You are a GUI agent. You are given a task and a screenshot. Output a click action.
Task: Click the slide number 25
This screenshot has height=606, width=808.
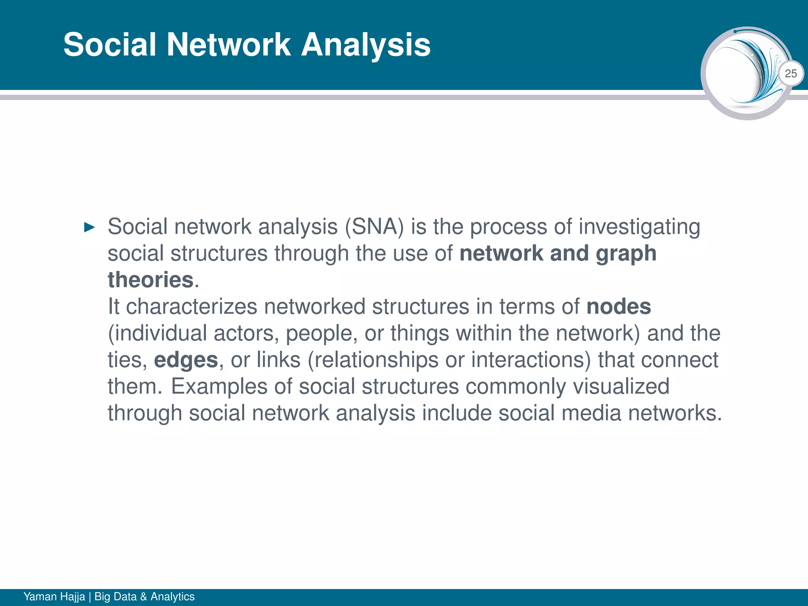pos(791,73)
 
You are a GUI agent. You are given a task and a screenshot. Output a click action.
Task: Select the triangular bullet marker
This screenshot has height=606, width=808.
pos(90,227)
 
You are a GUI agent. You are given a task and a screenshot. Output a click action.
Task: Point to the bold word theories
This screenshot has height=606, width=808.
pos(151,280)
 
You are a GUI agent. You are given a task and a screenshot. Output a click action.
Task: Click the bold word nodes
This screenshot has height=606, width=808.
pos(618,307)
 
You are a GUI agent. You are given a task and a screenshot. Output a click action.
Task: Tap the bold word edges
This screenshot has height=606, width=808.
pos(186,360)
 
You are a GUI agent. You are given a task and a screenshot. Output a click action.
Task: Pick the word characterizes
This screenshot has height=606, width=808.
pos(191,307)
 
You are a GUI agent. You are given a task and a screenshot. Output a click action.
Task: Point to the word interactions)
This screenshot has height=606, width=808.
pos(531,360)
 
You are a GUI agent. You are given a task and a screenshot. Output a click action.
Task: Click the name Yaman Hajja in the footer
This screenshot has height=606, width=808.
pos(54,596)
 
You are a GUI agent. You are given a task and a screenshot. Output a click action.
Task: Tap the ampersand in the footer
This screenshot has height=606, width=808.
pos(143,596)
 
